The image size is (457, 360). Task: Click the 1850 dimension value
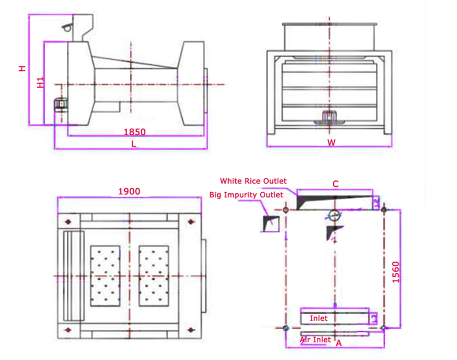pos(134,132)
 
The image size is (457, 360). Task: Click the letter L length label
pos(133,143)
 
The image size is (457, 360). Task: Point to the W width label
pos(331,143)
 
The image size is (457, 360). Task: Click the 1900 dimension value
pos(129,191)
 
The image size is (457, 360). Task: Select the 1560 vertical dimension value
pos(396,272)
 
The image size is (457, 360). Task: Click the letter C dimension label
pos(335,184)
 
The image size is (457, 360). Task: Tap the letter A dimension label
pos(339,343)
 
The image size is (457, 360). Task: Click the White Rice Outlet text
pos(253,181)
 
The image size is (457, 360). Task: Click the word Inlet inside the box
pos(319,318)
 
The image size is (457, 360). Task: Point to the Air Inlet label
pos(315,340)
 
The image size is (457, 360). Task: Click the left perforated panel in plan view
pos(105,276)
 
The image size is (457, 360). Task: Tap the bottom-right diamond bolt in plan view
pos(191,329)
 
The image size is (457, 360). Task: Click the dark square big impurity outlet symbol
pos(270,223)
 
